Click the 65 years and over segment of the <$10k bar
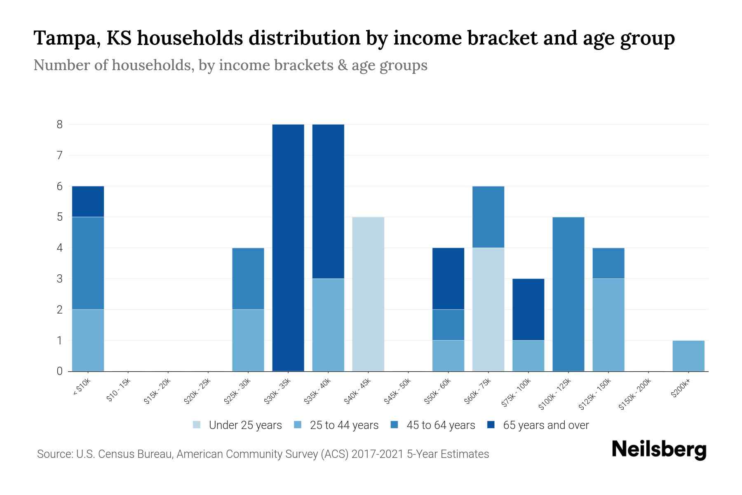click(88, 201)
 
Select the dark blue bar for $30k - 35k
click(288, 247)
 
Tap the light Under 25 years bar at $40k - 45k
click(368, 294)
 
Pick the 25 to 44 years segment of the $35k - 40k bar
click(328, 325)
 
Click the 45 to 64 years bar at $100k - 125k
click(568, 294)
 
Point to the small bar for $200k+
click(688, 356)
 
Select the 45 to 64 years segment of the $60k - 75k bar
click(488, 217)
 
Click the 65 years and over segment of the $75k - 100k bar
click(528, 309)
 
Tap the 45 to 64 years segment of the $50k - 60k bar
click(448, 325)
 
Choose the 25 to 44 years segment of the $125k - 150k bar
click(608, 325)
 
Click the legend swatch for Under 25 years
click(197, 425)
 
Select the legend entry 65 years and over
click(545, 425)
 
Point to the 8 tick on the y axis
click(60, 124)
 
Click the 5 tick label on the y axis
click(60, 217)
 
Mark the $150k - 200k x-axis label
click(635, 394)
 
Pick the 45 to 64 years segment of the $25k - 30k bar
click(248, 278)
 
